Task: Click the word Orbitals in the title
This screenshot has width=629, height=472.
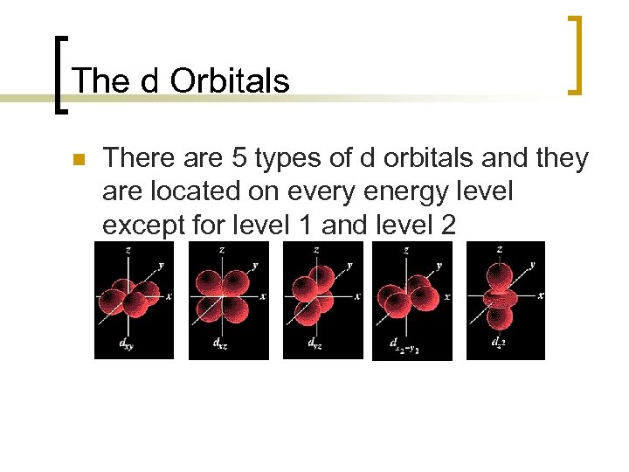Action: tap(230, 80)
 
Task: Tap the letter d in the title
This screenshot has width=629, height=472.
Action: tap(149, 80)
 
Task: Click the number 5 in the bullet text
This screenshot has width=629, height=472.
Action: tap(239, 158)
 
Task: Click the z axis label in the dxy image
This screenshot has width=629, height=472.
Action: tap(128, 249)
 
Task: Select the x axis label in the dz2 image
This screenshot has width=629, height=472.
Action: tap(541, 295)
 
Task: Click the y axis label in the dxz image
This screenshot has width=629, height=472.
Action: tap(254, 264)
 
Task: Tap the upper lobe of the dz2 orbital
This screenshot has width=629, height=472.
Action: tap(500, 275)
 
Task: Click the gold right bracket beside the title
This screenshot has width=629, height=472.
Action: tap(575, 54)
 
